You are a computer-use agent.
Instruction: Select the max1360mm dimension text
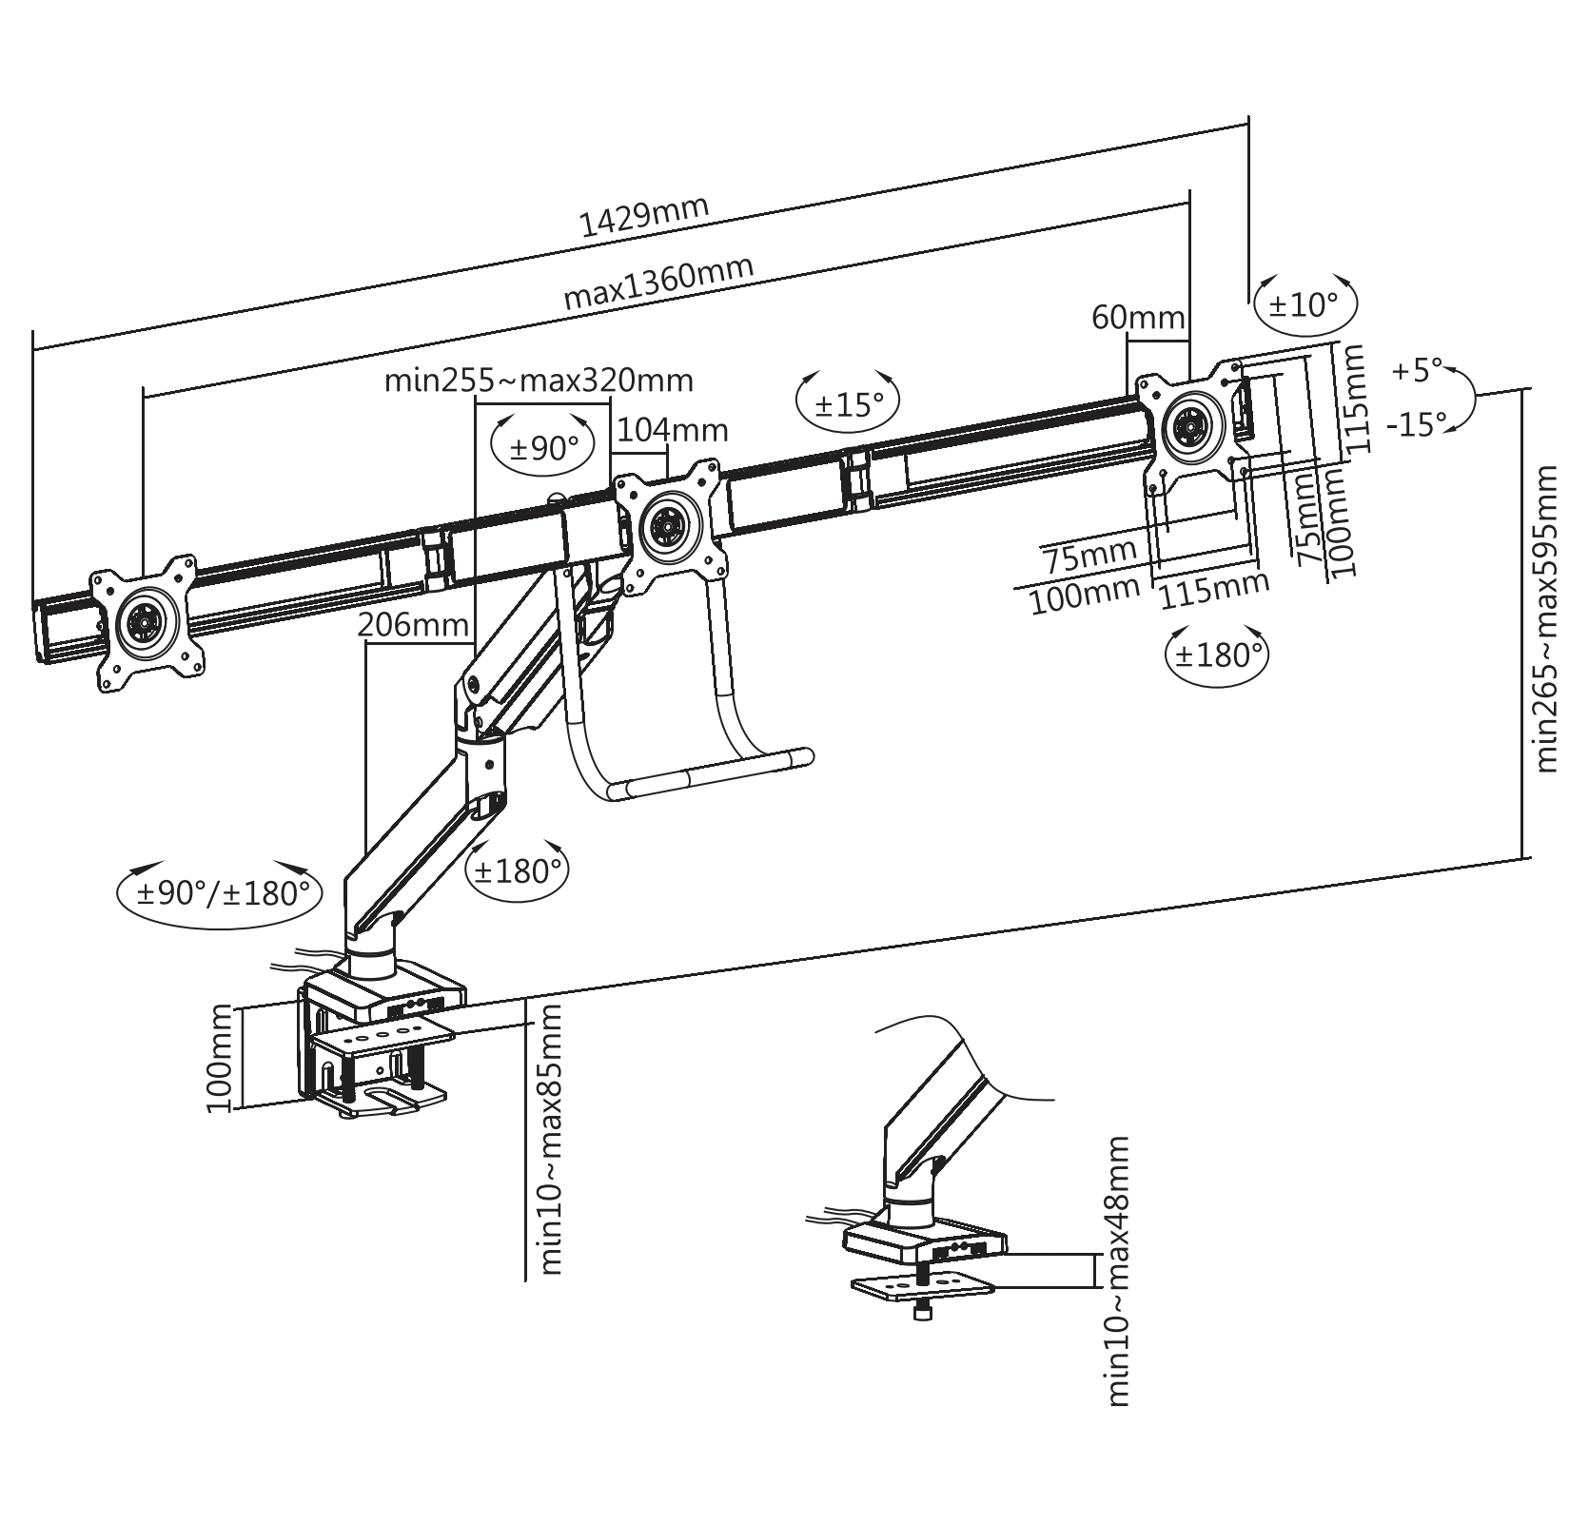[658, 283]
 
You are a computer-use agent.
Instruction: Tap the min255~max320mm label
[539, 381]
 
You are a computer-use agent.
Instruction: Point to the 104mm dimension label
[673, 431]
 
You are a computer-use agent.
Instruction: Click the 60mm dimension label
[1138, 317]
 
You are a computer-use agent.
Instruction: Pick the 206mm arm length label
[413, 625]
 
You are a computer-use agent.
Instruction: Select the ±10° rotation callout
[1304, 305]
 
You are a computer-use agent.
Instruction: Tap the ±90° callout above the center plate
[544, 447]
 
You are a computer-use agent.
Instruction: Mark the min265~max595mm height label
[1547, 618]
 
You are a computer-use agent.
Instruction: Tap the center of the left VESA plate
[147, 623]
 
